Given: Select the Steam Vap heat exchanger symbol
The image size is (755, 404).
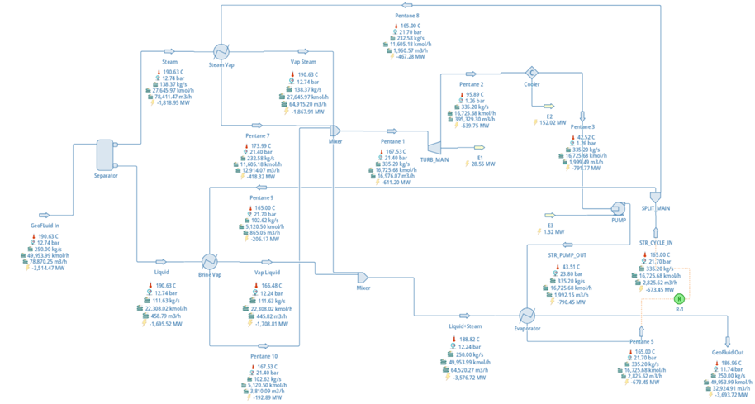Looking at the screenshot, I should pyautogui.click(x=221, y=50).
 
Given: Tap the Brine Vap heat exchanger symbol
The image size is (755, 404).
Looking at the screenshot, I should pyautogui.click(x=209, y=260).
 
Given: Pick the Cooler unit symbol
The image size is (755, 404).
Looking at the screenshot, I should pyautogui.click(x=533, y=74).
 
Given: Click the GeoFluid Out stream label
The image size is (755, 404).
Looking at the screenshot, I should pyautogui.click(x=727, y=352).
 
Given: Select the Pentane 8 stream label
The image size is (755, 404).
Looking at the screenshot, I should pyautogui.click(x=406, y=16).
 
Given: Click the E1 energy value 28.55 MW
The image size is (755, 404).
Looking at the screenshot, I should pyautogui.click(x=482, y=164).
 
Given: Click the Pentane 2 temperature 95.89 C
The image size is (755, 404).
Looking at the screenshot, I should pyautogui.click(x=474, y=94).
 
